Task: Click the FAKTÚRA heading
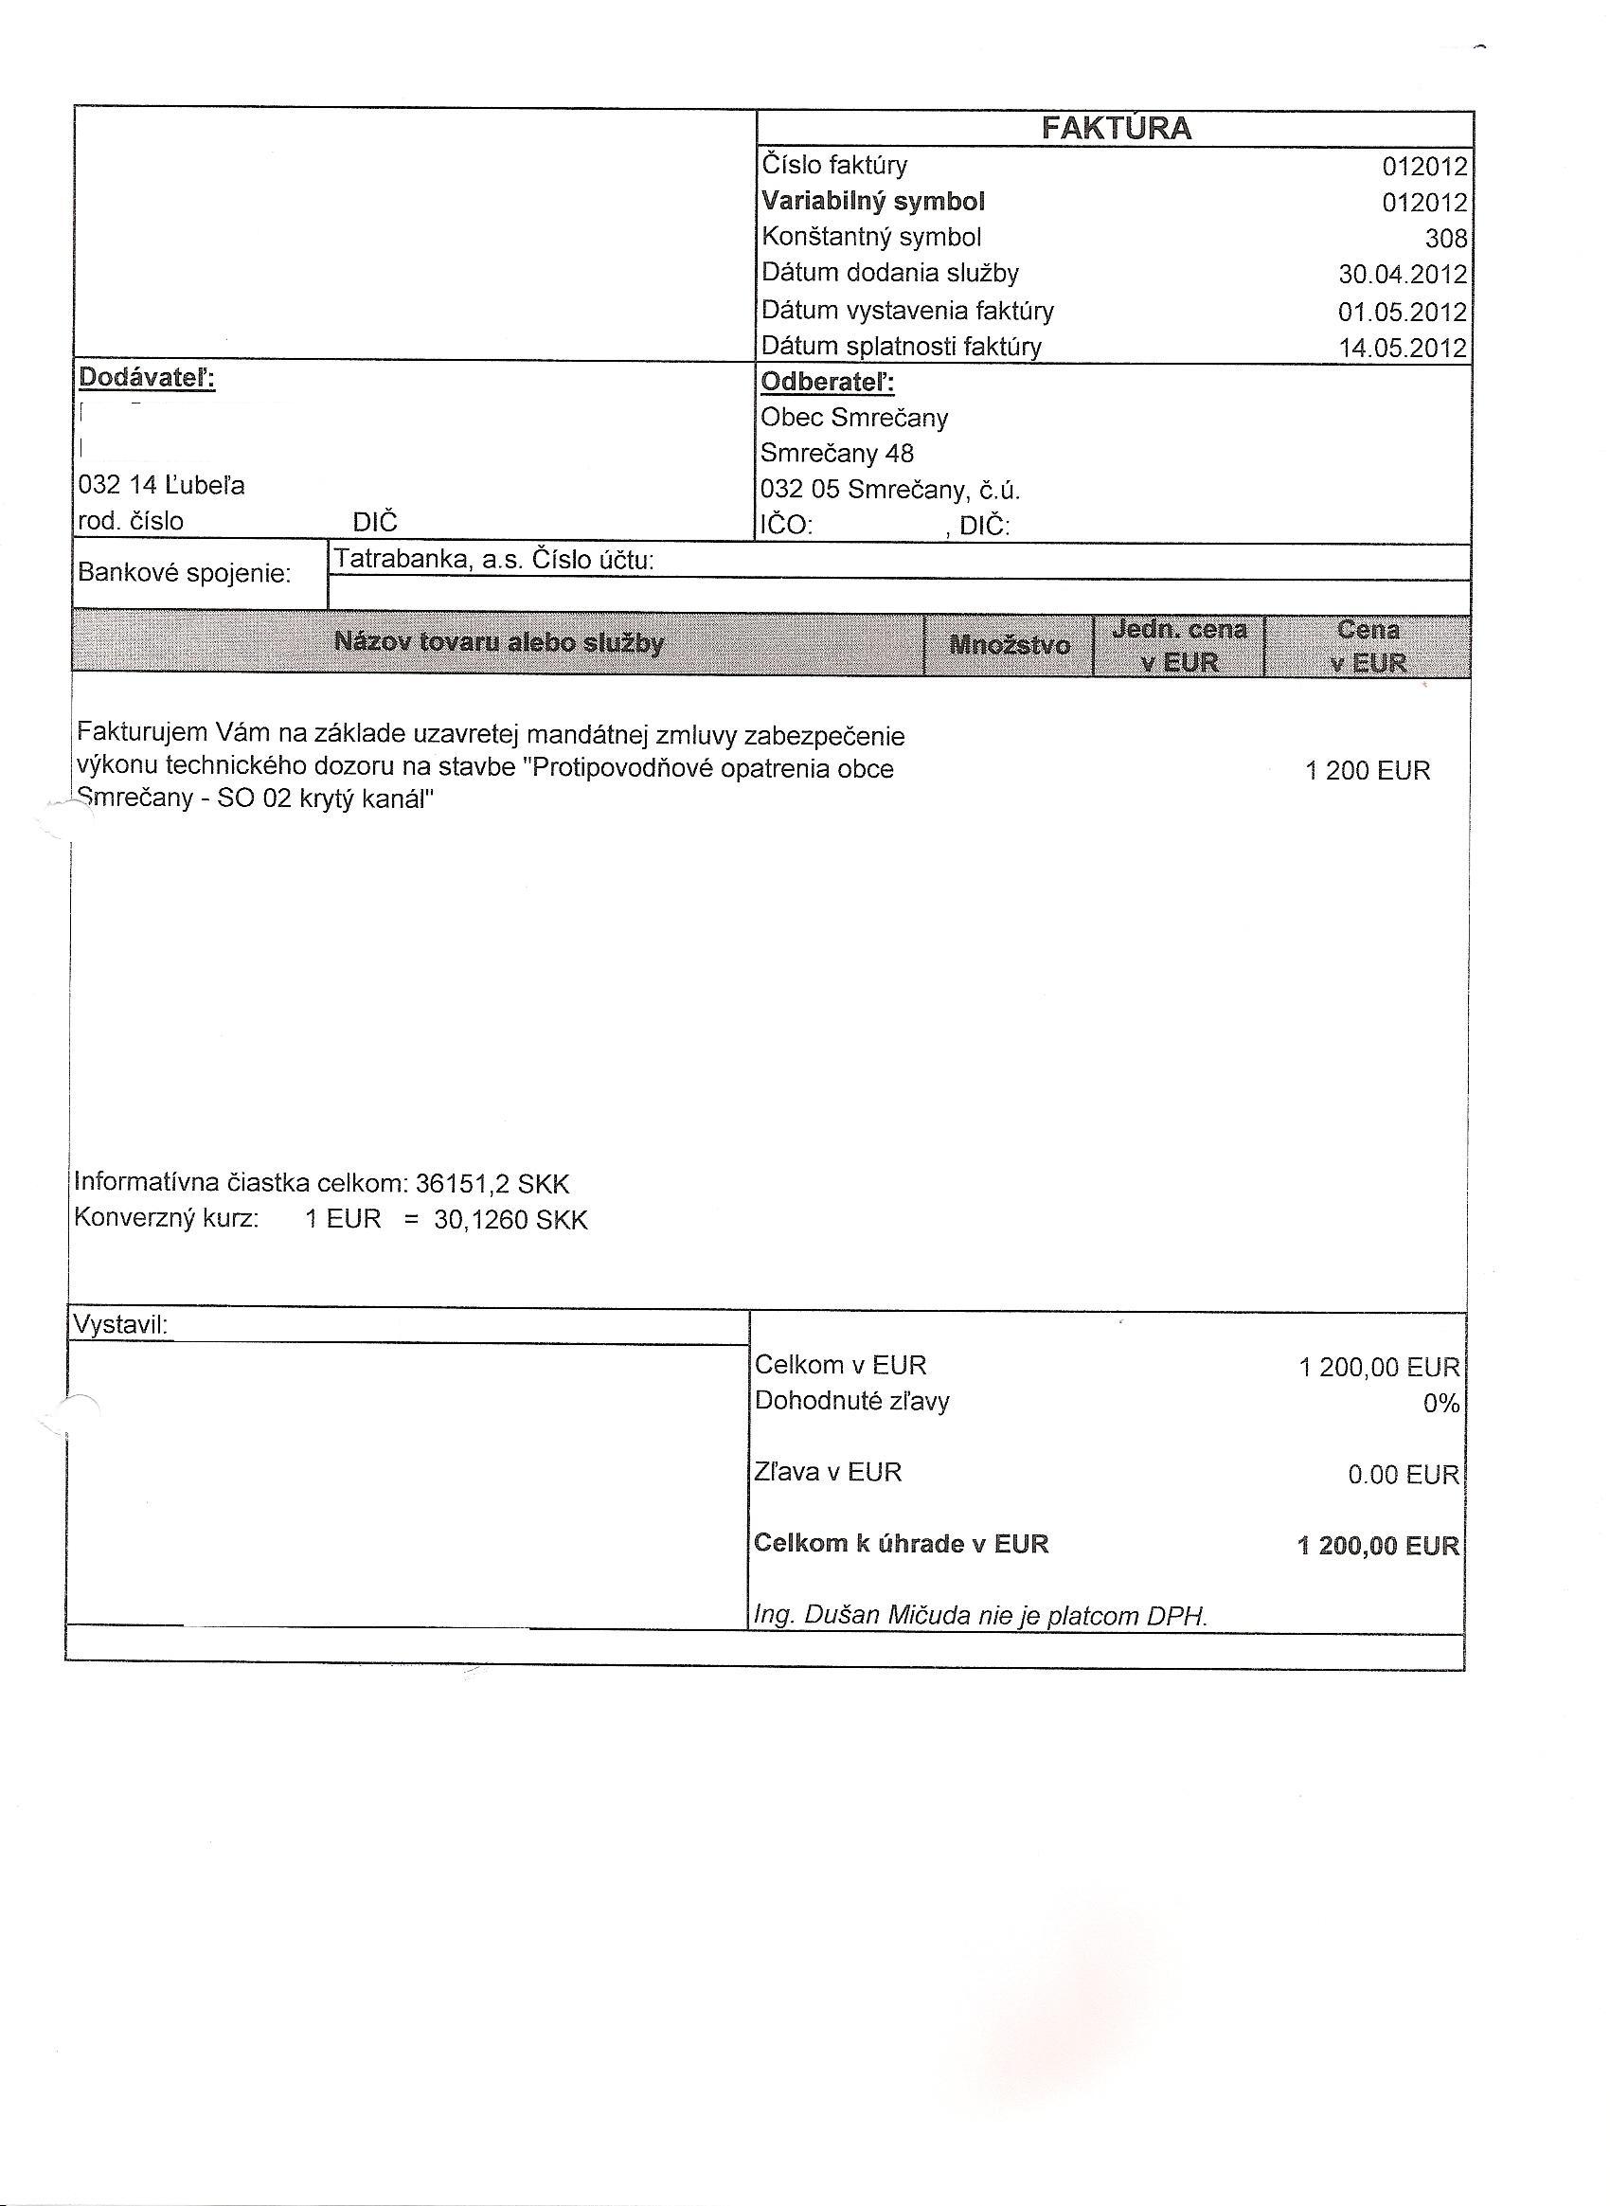click(1116, 129)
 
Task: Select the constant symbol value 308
click(1445, 239)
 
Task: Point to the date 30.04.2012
click(1403, 275)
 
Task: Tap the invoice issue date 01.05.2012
click(1403, 312)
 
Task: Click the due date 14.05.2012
click(1403, 348)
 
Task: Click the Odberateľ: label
click(828, 382)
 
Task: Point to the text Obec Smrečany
click(853, 419)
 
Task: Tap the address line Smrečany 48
click(837, 454)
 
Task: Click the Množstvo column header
click(1010, 644)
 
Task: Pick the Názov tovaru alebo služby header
click(499, 642)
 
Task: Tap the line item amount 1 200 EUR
click(1368, 771)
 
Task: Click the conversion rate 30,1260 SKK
click(510, 1221)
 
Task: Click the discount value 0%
click(1440, 1404)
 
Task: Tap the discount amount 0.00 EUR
click(1404, 1475)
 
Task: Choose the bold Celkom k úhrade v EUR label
click(902, 1544)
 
